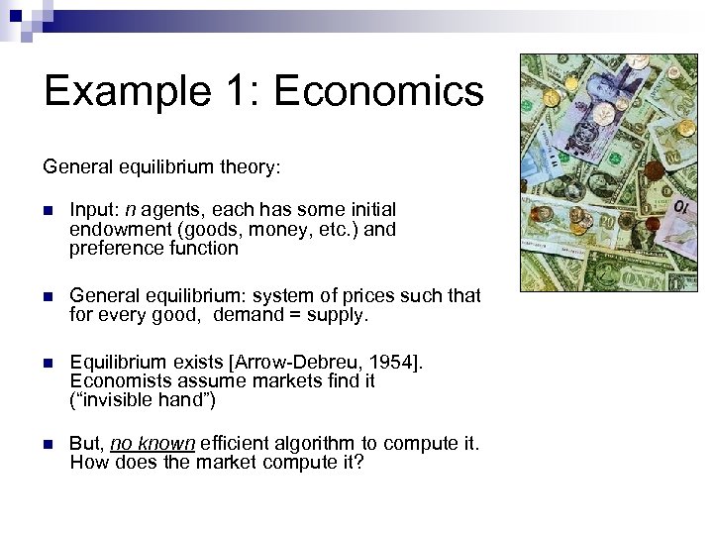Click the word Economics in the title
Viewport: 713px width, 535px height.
(378, 92)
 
